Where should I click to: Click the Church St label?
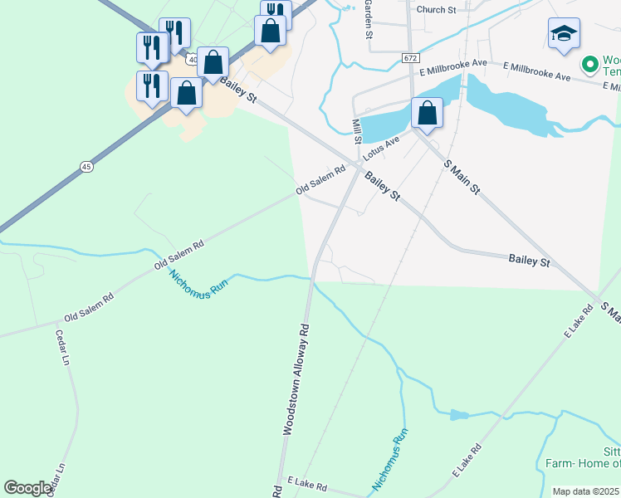point(437,10)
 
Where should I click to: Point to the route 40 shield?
point(193,59)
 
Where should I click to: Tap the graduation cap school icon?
point(564,34)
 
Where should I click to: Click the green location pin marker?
point(590,64)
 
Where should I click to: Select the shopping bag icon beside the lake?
point(427,113)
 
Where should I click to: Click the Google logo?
point(28,488)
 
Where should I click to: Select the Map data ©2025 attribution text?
point(585,491)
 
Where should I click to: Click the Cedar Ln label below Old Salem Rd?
point(61,348)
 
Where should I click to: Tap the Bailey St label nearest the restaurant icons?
point(239,91)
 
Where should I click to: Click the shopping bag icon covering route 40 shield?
point(213,62)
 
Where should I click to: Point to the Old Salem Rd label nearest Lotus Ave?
point(321,180)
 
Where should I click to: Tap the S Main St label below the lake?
point(462,177)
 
